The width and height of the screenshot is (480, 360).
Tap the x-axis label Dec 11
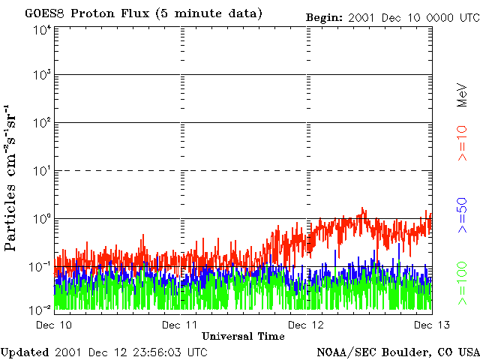181,325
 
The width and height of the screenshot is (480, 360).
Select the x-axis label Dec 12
307,325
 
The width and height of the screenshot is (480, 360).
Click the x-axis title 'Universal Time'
243,336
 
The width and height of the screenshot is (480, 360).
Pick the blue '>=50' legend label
462,214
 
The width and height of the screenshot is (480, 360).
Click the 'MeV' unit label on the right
462,94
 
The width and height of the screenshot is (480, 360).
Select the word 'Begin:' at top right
325,17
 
